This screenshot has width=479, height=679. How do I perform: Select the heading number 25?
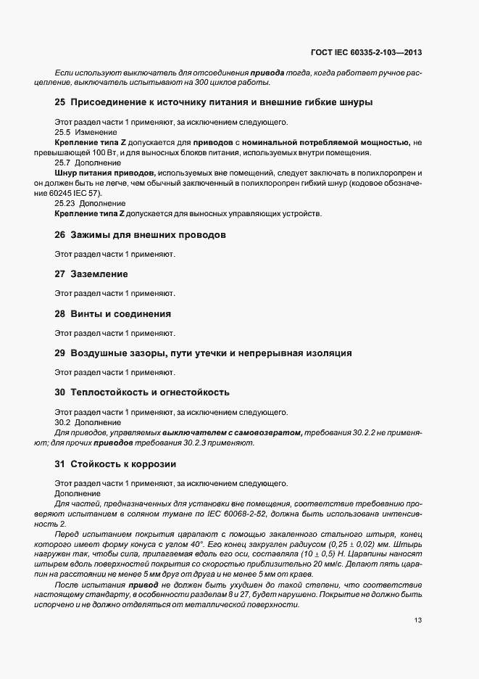point(61,102)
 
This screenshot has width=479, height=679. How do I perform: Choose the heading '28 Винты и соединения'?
point(113,314)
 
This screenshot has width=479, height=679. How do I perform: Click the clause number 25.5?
point(62,132)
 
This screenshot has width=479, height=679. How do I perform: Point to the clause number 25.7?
point(62,163)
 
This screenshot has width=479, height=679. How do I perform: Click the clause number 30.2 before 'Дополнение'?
point(62,422)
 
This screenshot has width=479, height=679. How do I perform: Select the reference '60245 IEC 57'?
point(79,194)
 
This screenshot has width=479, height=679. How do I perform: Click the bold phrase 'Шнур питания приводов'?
point(105,173)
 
